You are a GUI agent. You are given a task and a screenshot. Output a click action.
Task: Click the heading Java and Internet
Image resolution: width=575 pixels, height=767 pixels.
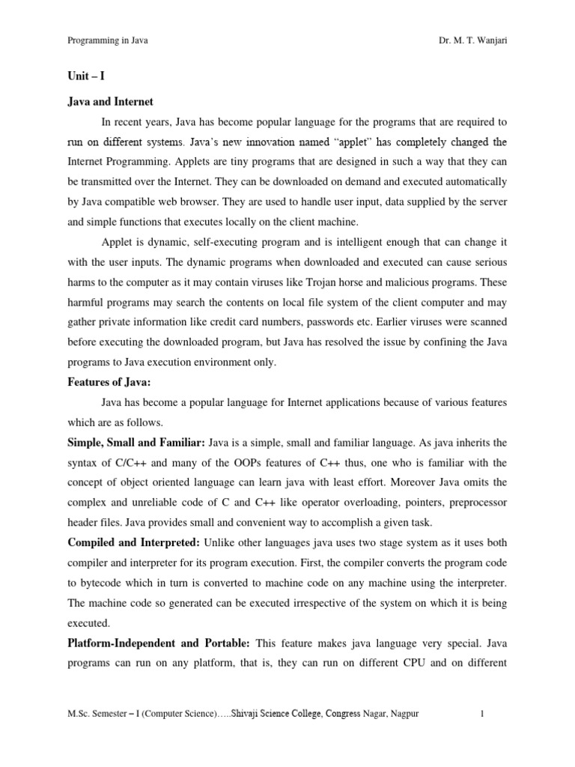(110, 102)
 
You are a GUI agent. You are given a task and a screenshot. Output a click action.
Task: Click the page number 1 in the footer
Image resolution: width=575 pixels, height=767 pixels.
(483, 714)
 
